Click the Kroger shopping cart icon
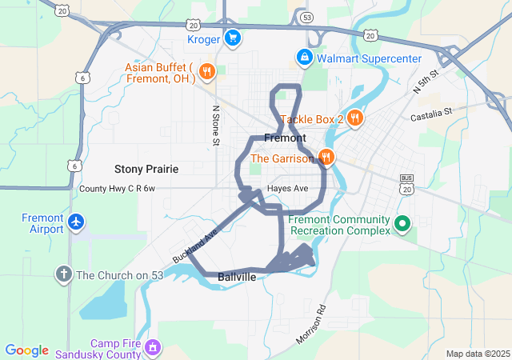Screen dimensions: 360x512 coord(233,38)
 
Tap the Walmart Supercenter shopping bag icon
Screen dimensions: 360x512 coord(304,58)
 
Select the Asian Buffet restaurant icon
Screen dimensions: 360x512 coord(206,70)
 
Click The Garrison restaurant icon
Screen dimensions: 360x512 coord(326,158)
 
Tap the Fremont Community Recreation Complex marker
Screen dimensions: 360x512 coord(403,222)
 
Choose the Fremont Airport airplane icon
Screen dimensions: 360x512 coord(75,221)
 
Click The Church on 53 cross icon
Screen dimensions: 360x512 coord(63,275)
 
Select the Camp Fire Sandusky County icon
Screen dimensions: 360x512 coord(154,347)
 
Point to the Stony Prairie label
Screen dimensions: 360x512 coord(146,169)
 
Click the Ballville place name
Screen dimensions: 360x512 coord(237,277)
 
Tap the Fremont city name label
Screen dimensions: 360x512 coord(285,138)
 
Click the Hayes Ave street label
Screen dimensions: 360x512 coord(288,189)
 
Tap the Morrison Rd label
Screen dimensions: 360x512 coord(311,324)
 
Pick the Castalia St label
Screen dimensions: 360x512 coord(431,118)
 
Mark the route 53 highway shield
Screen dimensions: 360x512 coord(307,16)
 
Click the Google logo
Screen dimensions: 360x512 coord(26,350)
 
